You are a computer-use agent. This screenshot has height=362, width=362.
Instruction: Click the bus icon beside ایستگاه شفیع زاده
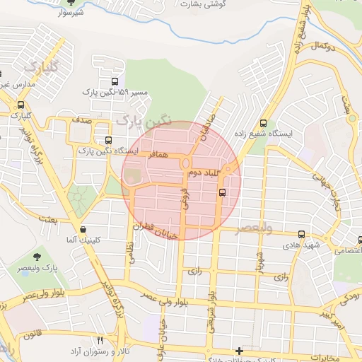pos(264,122)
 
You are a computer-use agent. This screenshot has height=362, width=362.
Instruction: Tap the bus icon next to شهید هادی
pos(302,234)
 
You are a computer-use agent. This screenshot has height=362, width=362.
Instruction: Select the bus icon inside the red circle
pos(222,192)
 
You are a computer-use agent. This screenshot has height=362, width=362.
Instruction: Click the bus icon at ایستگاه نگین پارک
pos(108,140)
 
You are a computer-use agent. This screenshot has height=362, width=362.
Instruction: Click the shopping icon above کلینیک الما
pos(83,229)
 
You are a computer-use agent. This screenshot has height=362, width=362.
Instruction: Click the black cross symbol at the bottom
pos(240,351)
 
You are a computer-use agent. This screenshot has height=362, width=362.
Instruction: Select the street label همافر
pos(158,153)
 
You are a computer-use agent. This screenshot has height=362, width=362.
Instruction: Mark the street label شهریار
pos(259,261)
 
